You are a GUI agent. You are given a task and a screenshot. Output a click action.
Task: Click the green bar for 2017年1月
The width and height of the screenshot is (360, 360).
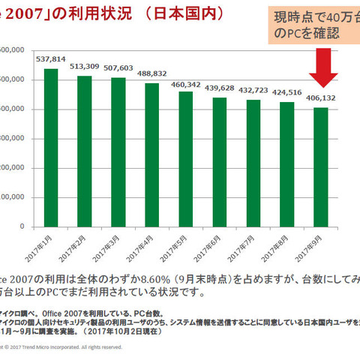click(x=52, y=148)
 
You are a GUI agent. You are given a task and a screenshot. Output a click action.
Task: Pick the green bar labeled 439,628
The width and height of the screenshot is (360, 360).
click(x=219, y=162)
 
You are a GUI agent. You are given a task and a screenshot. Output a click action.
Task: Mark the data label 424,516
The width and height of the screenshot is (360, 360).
click(x=286, y=93)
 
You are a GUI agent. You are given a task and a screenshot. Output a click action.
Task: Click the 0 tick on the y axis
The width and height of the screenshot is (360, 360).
click(x=22, y=226)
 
